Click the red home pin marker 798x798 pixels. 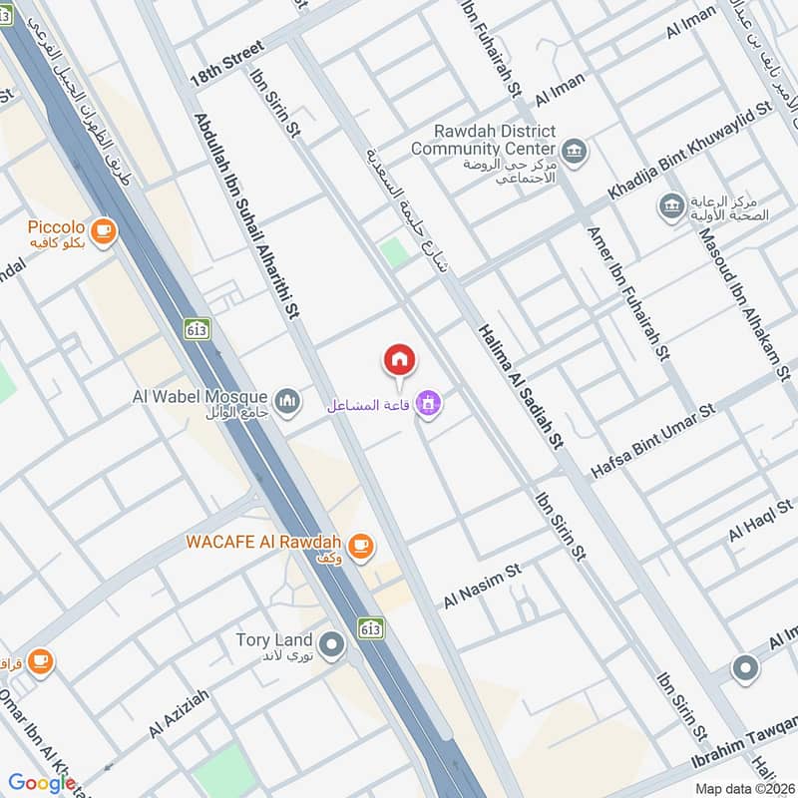click(x=400, y=360)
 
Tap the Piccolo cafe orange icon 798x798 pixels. click(x=102, y=231)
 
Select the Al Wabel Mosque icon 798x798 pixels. click(x=288, y=400)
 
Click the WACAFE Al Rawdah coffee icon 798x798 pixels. click(x=360, y=545)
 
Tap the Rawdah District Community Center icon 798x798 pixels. click(x=574, y=152)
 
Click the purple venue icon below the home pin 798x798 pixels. click(x=430, y=404)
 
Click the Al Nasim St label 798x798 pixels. click(x=484, y=588)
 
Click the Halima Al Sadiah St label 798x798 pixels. click(x=521, y=384)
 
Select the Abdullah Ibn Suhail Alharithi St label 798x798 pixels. click(x=245, y=214)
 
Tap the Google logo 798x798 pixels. click(x=43, y=783)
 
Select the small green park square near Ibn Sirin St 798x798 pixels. click(x=396, y=251)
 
